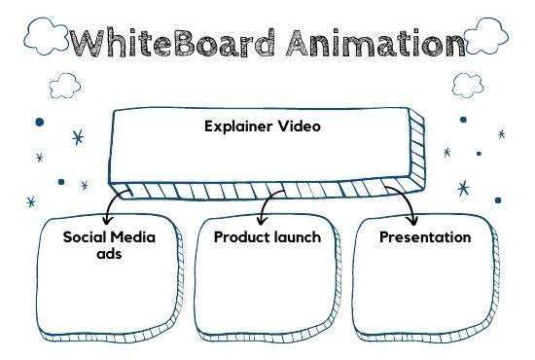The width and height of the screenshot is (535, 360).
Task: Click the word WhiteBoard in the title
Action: (x=174, y=43)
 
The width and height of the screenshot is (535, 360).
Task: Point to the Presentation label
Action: (x=425, y=236)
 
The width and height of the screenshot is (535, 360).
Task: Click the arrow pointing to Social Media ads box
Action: (x=115, y=205)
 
